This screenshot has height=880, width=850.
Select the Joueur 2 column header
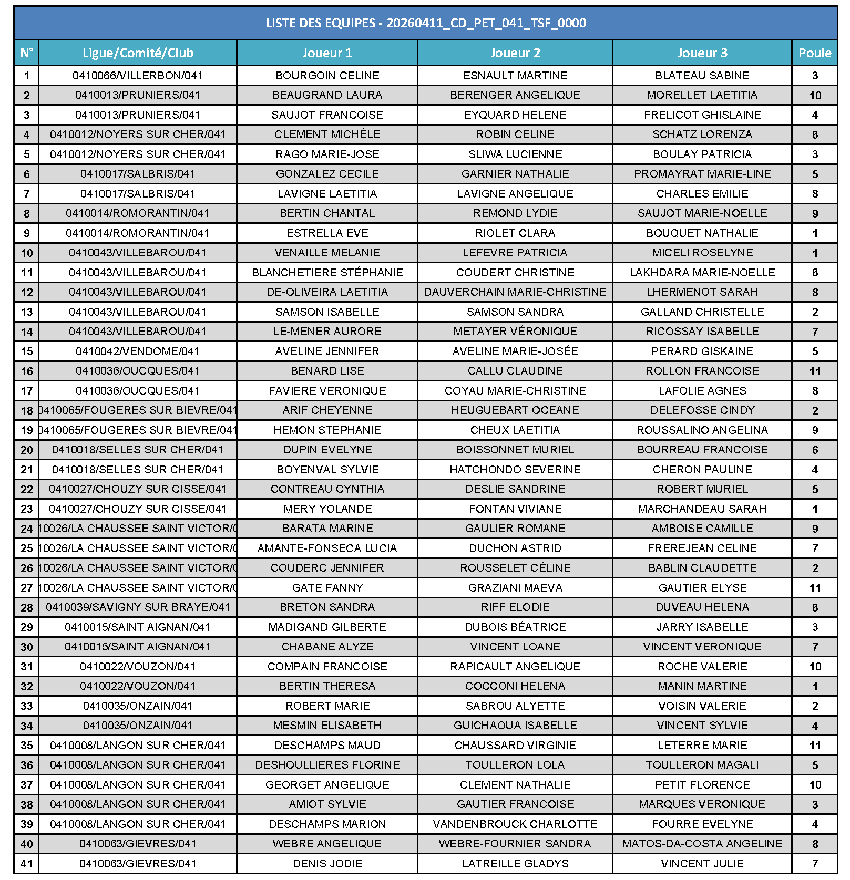pos(515,53)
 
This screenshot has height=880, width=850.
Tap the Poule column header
pos(815,53)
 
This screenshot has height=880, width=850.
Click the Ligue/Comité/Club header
pos(138,53)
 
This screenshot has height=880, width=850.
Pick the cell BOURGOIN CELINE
pos(327,76)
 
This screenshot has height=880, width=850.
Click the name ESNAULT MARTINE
pos(515,76)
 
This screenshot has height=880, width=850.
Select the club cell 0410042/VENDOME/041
pos(138,351)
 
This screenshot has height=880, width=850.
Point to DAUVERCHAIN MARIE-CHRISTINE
pos(515,292)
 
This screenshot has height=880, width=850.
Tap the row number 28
pos(27,608)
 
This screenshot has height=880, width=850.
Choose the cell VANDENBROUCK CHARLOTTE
pos(515,824)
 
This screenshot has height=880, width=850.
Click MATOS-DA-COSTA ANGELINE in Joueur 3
pos(702,844)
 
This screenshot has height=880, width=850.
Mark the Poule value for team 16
pos(815,371)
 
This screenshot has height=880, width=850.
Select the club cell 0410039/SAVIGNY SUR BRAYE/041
pos(138,607)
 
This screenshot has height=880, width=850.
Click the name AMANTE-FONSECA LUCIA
pos(327,548)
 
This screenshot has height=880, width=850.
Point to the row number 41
pos(27,864)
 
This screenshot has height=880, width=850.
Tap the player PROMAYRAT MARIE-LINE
pos(702,174)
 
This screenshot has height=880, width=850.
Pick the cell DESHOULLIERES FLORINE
pos(327,765)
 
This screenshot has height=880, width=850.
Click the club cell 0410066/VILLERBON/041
pos(138,76)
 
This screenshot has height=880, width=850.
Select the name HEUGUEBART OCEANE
pos(515,410)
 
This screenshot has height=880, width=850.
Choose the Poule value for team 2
pos(815,96)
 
